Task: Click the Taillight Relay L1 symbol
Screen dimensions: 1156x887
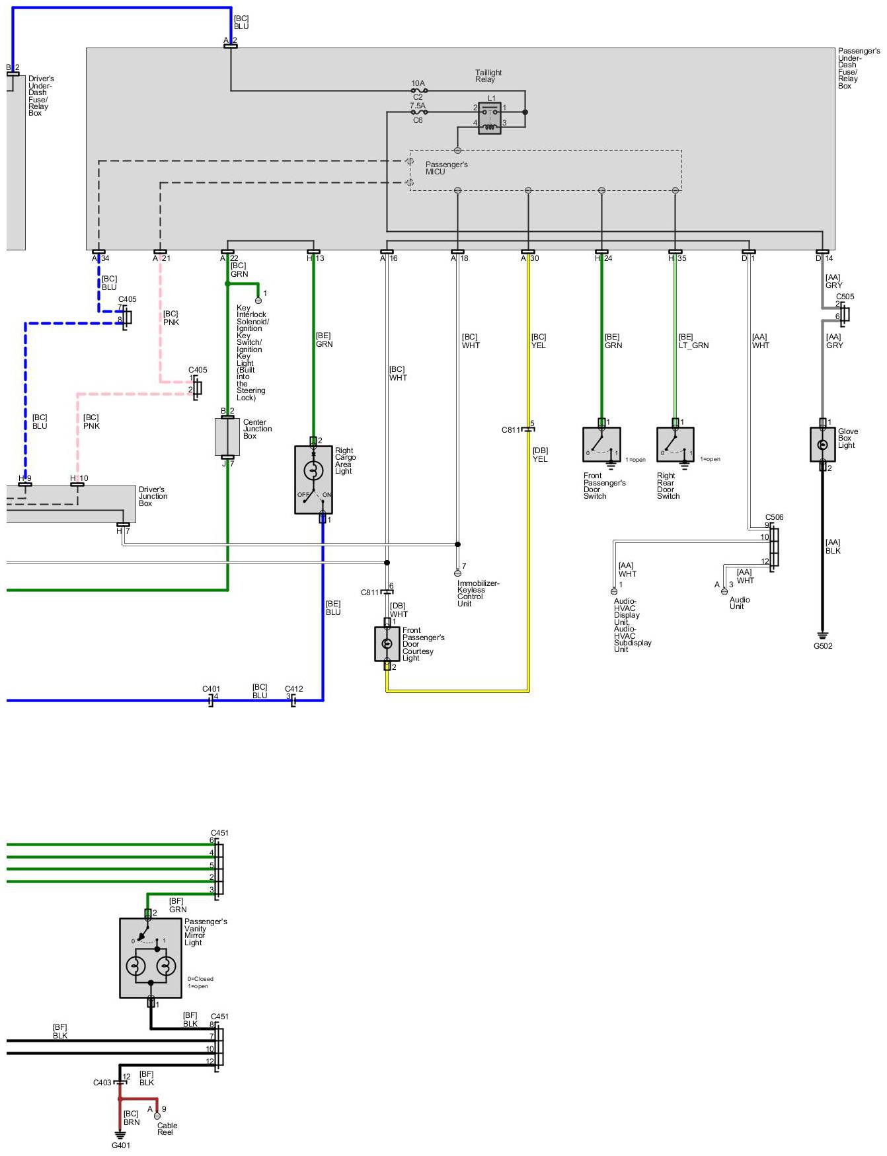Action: coord(489,118)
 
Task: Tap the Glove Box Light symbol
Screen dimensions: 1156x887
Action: coord(822,445)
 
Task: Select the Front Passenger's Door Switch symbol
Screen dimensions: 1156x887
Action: coord(601,445)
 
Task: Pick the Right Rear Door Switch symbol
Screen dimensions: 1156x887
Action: coord(675,445)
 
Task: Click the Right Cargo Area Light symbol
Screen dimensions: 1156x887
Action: coord(313,479)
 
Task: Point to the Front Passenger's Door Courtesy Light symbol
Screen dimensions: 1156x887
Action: coord(387,643)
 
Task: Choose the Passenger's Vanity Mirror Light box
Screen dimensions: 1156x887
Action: coord(151,957)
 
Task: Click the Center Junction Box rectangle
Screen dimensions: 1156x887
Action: coord(227,437)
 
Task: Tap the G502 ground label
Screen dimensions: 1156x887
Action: coord(823,646)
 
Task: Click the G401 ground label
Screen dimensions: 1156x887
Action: coord(121,1145)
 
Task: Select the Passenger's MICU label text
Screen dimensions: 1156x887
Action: coord(446,168)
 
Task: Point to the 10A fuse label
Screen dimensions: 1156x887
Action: coord(418,84)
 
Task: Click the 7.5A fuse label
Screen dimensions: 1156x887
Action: coord(417,106)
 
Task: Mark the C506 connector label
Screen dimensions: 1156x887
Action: coord(774,517)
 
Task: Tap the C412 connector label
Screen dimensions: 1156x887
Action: coord(293,689)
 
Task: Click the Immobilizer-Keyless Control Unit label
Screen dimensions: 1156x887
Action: coord(477,593)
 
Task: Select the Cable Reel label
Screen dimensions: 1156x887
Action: coord(167,1129)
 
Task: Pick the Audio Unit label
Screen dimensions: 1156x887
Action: coord(739,603)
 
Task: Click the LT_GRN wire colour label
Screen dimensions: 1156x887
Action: coord(693,345)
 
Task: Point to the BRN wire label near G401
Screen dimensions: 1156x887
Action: coord(132,1122)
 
